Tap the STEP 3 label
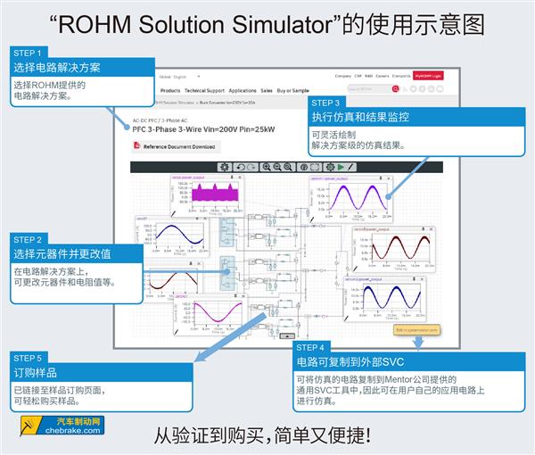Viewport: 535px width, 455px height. (325, 103)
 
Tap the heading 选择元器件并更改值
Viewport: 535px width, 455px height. (62, 254)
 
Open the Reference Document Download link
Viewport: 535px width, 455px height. (174, 146)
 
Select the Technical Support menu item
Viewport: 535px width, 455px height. (204, 91)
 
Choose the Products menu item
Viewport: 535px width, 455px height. (169, 91)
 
